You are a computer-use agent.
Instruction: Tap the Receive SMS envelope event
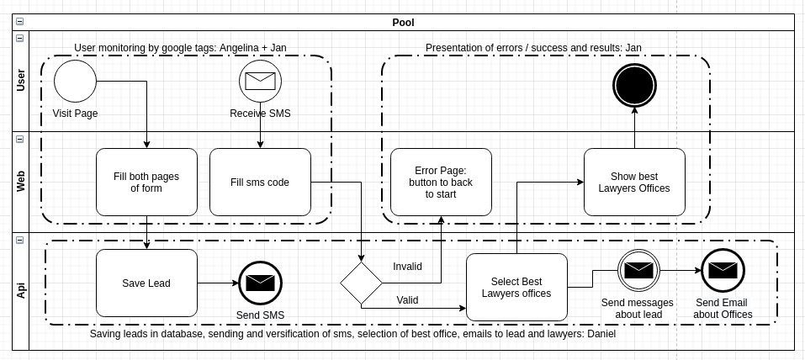click(260, 81)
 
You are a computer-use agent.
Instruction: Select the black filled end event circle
click(634, 85)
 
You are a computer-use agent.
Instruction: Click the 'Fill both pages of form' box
click(146, 183)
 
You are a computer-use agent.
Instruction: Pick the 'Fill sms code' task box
click(260, 183)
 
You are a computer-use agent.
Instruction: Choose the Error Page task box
click(441, 183)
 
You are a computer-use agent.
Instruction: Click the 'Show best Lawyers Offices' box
click(634, 183)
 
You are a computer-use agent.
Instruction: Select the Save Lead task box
click(146, 283)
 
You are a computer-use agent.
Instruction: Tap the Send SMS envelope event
click(260, 283)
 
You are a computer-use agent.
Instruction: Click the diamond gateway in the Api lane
click(362, 283)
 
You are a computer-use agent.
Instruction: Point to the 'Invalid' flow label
click(408, 267)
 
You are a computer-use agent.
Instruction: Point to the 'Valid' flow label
click(408, 300)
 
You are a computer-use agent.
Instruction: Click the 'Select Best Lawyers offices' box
click(517, 287)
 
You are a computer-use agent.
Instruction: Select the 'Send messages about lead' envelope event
click(638, 270)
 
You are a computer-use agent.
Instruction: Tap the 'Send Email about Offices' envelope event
click(723, 270)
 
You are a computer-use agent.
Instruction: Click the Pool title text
click(403, 23)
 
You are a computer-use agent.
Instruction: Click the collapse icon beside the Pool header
click(19, 22)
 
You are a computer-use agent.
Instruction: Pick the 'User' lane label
click(20, 81)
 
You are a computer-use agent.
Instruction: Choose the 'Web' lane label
click(20, 182)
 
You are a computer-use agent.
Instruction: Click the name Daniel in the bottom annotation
click(601, 334)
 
